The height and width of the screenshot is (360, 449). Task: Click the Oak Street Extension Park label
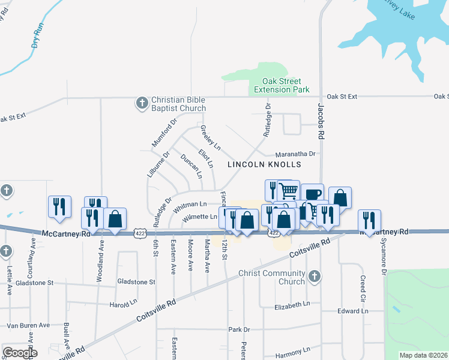[282, 85]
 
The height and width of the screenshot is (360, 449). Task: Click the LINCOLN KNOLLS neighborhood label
[264, 164]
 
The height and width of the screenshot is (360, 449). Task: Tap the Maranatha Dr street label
[295, 154]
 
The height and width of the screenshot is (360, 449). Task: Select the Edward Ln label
[352, 311]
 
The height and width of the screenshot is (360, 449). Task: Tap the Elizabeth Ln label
[292, 305]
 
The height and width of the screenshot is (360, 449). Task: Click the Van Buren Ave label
[28, 325]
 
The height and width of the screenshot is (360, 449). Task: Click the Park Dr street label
[238, 329]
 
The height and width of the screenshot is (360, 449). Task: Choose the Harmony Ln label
[293, 350]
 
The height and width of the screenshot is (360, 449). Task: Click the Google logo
[20, 352]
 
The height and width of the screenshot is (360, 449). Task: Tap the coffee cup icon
[312, 194]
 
